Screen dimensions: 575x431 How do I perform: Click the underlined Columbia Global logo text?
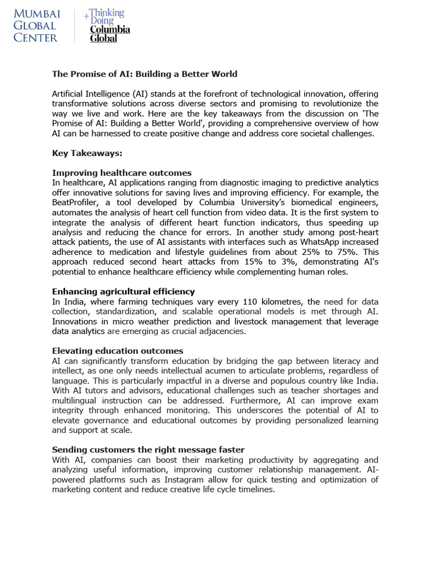110,34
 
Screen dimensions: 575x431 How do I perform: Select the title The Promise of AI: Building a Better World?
145,74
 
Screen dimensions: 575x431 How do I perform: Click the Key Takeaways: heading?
87,153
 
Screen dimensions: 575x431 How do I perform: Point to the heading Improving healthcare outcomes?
122,173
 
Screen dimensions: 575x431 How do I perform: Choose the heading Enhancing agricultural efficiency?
123,291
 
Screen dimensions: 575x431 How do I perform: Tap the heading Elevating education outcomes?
117,351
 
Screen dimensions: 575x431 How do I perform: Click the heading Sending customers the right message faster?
148,450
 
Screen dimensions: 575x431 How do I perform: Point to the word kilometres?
283,302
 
